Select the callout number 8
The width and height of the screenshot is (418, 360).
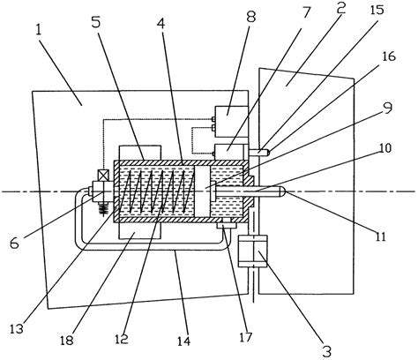pos(250,17)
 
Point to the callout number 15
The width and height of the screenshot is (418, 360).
pos(377,10)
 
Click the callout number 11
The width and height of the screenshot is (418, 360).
pos(381,236)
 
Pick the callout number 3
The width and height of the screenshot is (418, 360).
pos(326,349)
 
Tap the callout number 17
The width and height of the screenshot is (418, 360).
pos(245,337)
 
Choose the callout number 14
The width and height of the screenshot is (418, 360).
pos(184,341)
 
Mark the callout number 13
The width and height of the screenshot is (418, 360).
pos(16,329)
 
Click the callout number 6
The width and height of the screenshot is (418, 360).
pos(15,244)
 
